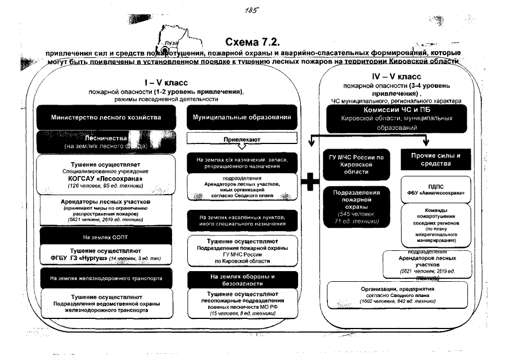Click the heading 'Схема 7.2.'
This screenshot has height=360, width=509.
pyautogui.click(x=253, y=43)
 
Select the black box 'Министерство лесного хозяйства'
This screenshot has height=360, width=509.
pyautogui.click(x=106, y=118)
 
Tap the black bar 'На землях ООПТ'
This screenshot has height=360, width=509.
pyautogui.click(x=106, y=236)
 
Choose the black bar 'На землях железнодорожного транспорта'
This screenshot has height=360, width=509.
pyautogui.click(x=106, y=278)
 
